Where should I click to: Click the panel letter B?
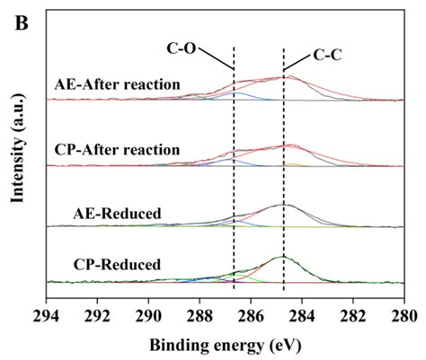click(x=22, y=22)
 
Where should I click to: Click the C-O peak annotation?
click(x=182, y=48)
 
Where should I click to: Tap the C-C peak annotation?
click(x=327, y=56)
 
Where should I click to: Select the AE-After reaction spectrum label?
click(x=118, y=84)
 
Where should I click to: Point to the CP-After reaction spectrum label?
click(x=118, y=149)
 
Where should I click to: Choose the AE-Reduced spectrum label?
click(x=118, y=214)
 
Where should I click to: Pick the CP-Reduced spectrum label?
click(x=118, y=264)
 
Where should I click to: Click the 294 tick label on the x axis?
click(x=46, y=315)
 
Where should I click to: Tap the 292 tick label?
click(x=97, y=315)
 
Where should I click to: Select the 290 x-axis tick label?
click(x=148, y=315)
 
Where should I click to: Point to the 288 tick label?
click(x=200, y=315)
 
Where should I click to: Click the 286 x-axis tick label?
click(x=251, y=315)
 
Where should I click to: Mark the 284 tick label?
click(x=302, y=315)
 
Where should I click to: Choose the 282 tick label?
click(x=353, y=315)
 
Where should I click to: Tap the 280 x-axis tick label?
click(x=404, y=315)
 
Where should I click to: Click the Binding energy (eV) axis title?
click(x=226, y=346)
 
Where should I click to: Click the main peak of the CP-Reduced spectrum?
click(x=282, y=257)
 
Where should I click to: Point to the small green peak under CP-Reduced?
click(x=241, y=275)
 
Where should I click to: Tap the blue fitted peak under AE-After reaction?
click(x=237, y=93)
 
